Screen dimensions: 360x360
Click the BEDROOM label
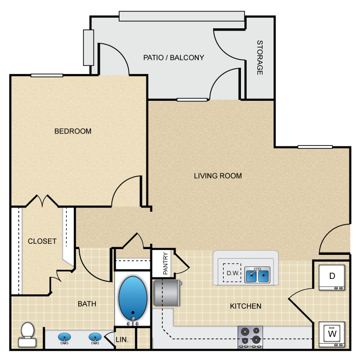click(72, 131)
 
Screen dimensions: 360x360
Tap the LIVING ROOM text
click(218, 176)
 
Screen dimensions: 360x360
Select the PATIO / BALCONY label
click(174, 58)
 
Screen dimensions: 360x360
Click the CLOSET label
click(42, 241)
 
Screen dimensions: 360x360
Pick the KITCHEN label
click(245, 306)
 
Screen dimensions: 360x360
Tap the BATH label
click(87, 303)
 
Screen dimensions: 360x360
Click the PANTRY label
click(165, 264)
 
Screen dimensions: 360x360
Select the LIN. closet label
click(122, 339)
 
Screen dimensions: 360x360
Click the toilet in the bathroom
click(27, 334)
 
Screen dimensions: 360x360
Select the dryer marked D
click(332, 276)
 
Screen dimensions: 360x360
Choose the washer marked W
click(332, 333)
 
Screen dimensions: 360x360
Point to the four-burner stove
click(251, 336)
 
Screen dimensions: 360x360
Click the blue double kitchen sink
click(257, 276)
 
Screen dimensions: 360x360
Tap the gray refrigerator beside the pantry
click(167, 293)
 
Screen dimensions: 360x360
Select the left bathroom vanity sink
click(65, 338)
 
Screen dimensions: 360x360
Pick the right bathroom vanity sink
click(95, 338)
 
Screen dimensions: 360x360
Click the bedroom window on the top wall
click(47, 75)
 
